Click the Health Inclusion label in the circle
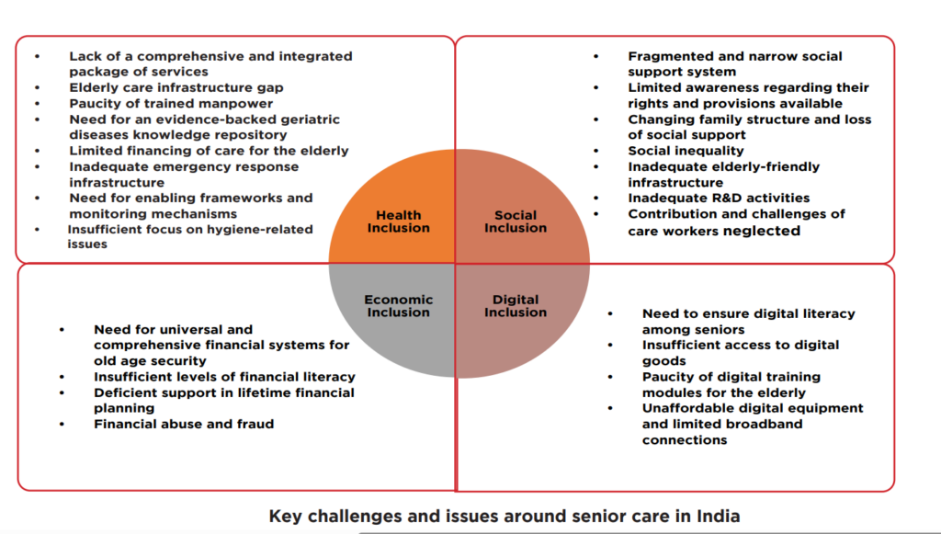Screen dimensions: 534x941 click(x=398, y=222)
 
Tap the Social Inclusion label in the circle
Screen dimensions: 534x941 click(x=515, y=222)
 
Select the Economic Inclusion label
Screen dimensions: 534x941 click(x=398, y=306)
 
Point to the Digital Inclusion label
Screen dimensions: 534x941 click(x=515, y=306)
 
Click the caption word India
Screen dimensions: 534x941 click(x=719, y=516)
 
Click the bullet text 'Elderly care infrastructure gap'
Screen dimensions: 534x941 click(x=176, y=88)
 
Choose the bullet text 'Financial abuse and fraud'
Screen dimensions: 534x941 click(x=184, y=425)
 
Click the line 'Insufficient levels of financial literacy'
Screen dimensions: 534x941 click(x=224, y=377)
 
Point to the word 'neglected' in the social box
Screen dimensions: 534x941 click(x=762, y=231)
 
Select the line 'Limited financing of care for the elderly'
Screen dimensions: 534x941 click(x=209, y=151)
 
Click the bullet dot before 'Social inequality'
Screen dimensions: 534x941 click(x=595, y=151)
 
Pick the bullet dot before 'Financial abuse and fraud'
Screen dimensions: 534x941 click(x=61, y=425)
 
